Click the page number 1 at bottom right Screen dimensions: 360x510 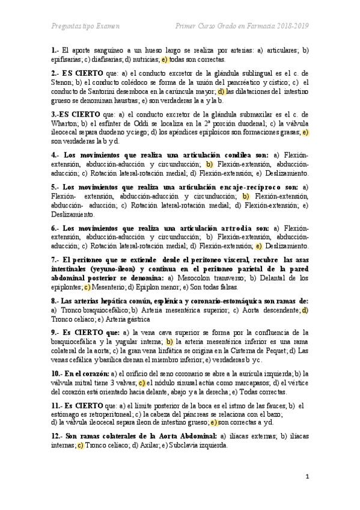(307, 477)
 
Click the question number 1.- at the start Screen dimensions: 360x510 (55, 51)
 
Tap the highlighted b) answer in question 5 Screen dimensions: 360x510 (245, 196)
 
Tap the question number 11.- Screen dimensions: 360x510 (58, 405)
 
